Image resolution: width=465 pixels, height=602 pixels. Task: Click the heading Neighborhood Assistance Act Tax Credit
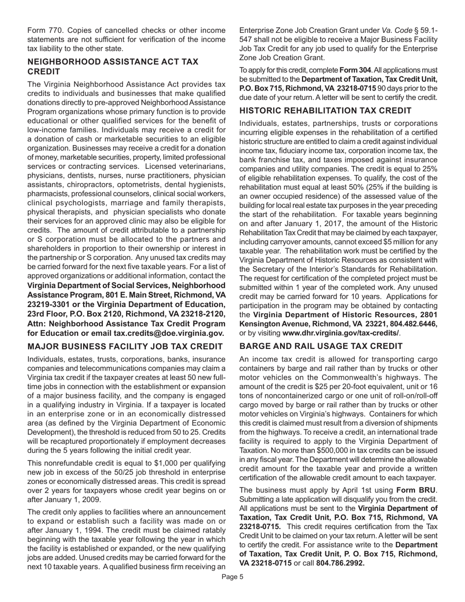click(113, 67)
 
